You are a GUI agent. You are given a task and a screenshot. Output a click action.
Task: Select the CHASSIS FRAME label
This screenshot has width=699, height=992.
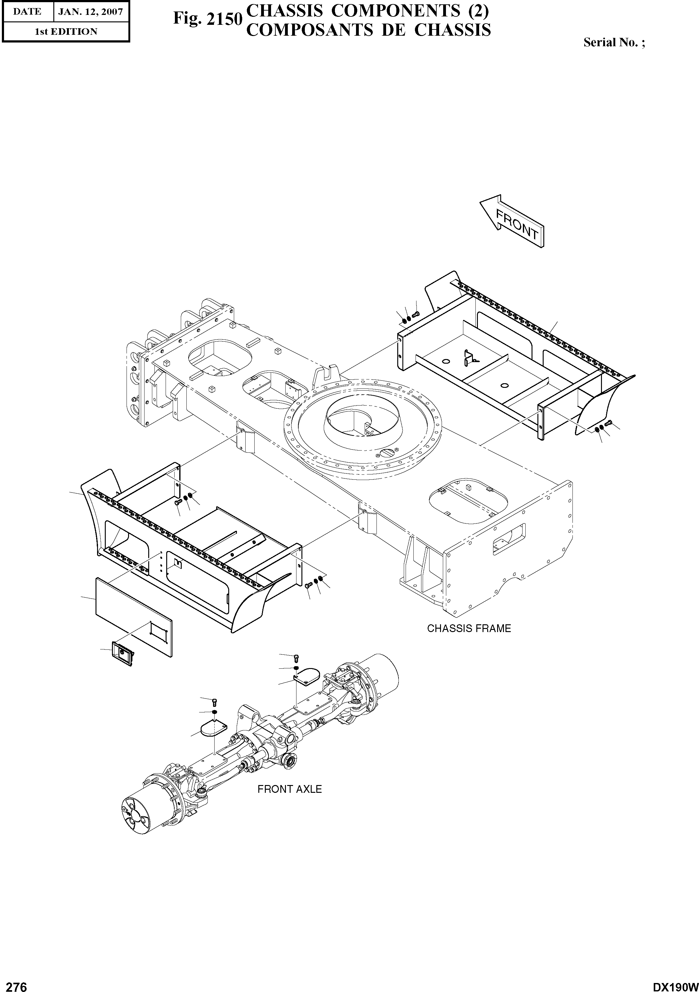[469, 629]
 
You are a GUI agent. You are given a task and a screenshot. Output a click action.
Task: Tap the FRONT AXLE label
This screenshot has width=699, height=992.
[289, 789]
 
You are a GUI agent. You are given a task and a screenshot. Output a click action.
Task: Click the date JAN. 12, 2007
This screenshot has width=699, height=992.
[91, 12]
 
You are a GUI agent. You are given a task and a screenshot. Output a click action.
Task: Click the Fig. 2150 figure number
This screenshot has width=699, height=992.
[206, 20]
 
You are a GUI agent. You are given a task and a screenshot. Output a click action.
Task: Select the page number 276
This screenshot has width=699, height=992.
[14, 984]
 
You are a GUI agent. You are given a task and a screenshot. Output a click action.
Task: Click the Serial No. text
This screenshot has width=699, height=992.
[613, 42]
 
